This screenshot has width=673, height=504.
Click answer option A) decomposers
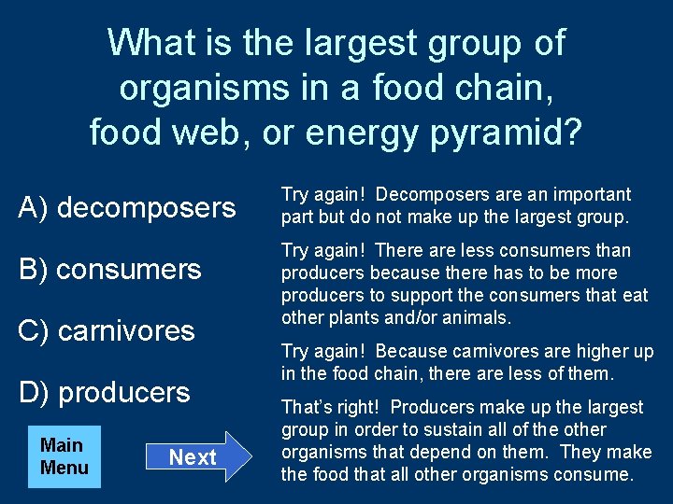127,207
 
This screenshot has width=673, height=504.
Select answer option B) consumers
109,270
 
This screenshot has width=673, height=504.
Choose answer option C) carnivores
107,331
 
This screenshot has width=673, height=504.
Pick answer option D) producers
104,393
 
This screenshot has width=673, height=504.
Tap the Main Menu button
64,456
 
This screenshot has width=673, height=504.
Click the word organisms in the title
200,88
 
